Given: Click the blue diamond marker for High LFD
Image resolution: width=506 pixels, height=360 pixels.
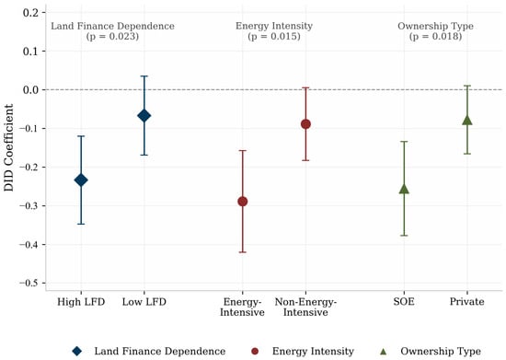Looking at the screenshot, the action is pos(81,180).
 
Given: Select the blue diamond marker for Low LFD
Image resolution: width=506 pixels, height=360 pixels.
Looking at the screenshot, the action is pos(144,116).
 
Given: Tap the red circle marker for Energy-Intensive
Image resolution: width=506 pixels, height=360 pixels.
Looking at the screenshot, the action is pos(242,202).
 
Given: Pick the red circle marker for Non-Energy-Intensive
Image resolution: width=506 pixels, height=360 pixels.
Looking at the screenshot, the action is pos(305,124).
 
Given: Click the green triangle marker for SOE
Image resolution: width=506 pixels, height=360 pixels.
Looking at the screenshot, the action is pos(404,189).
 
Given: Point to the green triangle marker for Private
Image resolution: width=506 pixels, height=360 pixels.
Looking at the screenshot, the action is pos(467,120).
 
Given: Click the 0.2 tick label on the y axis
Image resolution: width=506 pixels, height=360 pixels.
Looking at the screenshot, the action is pos(30,13).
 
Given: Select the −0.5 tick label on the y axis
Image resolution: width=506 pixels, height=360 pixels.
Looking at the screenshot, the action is pos(29,284).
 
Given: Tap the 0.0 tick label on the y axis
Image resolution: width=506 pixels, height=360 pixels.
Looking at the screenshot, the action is pos(30,89).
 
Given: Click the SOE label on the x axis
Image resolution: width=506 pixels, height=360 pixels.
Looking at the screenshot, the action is pos(404,302).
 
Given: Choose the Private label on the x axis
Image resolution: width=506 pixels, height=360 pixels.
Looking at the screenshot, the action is pos(467,302).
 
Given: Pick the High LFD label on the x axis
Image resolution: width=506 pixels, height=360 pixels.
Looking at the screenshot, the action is pos(81,302).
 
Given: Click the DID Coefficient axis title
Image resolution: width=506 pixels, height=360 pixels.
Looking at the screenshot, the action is pos(8,147).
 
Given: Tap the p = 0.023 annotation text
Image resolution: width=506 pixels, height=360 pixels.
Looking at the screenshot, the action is pos(112,36).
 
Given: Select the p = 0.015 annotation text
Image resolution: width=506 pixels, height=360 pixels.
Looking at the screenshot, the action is pos(274,36).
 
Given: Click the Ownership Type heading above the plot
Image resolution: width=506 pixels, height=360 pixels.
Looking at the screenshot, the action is pos(435,26).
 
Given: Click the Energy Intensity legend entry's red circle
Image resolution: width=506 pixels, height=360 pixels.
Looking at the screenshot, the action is pos(255,351).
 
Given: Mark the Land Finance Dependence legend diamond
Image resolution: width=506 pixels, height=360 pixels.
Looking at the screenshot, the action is pos(76,351).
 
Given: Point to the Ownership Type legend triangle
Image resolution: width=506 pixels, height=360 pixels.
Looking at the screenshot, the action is pos(384,351).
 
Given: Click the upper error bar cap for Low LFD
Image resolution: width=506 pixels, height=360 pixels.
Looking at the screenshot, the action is pos(144,75).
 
